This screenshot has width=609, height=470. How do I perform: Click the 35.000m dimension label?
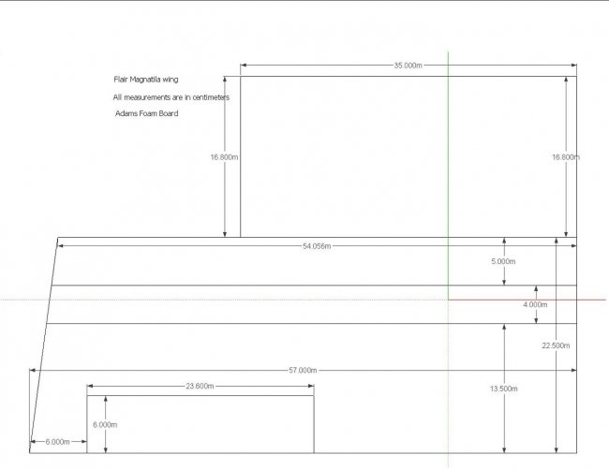pyautogui.click(x=408, y=66)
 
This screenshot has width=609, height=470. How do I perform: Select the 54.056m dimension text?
pyautogui.click(x=316, y=246)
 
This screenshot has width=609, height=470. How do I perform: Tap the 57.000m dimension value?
pyautogui.click(x=303, y=371)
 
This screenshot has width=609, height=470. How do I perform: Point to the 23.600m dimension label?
pyautogui.click(x=200, y=386)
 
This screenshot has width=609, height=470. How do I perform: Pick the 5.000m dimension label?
pyautogui.click(x=503, y=261)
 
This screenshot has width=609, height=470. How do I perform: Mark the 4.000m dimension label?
pyautogui.click(x=535, y=305)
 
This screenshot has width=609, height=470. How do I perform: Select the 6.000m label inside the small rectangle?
pyautogui.click(x=106, y=424)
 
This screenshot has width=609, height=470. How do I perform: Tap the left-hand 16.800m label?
pyautogui.click(x=224, y=157)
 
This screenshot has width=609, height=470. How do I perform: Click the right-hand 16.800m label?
pyautogui.click(x=566, y=157)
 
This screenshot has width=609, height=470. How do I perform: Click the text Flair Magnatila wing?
pyautogui.click(x=145, y=81)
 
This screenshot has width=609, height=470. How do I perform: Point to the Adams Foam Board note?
pyautogui.click(x=146, y=113)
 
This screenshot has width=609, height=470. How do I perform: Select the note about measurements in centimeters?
pyautogui.click(x=171, y=97)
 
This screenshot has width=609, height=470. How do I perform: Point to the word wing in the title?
pyautogui.click(x=170, y=81)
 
